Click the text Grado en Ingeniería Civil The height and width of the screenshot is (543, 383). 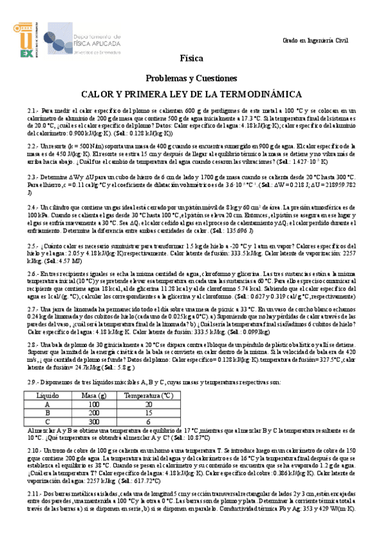[316, 41]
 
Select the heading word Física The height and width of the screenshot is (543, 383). [191, 58]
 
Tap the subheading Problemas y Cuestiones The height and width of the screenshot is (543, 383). [191, 77]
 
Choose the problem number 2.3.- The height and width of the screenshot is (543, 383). [33, 175]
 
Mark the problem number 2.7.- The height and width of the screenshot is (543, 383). [33, 309]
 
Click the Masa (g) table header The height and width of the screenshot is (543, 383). [95, 396]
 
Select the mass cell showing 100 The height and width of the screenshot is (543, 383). [95, 405]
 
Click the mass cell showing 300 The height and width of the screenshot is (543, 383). [95, 421]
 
